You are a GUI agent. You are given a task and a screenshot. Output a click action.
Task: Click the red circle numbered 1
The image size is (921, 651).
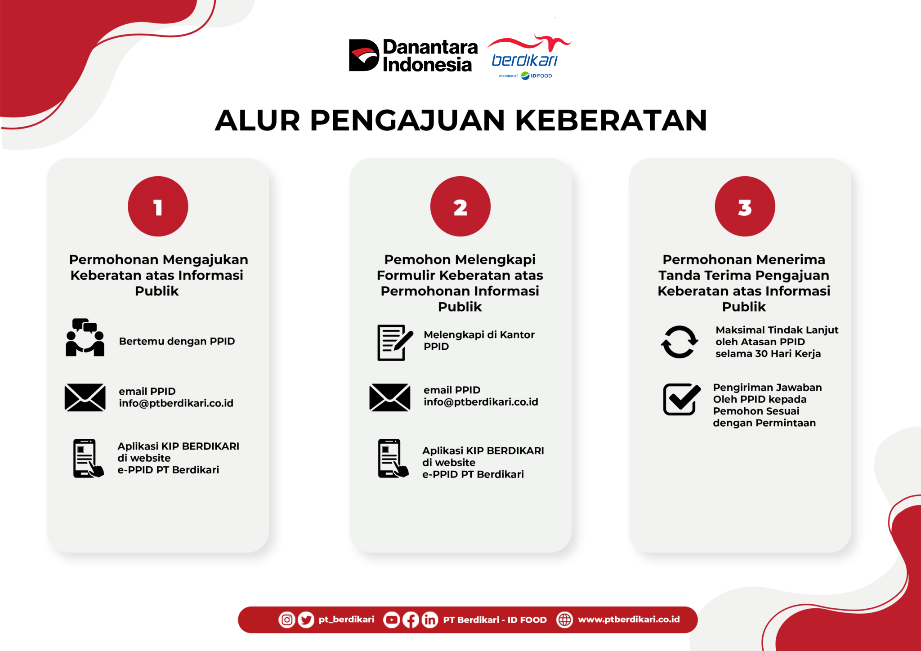[x=158, y=206]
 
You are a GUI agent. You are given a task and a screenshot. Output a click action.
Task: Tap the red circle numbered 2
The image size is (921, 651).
[x=460, y=206]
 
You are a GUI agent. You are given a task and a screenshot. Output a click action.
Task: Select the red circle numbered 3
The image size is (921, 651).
[x=745, y=206]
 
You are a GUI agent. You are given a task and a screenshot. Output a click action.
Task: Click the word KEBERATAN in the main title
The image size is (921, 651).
[x=611, y=120]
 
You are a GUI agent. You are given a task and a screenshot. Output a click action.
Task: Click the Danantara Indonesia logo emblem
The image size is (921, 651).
[x=364, y=55]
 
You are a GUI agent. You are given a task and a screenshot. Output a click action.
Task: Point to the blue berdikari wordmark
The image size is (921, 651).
[x=524, y=60]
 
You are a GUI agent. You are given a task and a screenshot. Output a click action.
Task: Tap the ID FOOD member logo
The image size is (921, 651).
[x=536, y=76]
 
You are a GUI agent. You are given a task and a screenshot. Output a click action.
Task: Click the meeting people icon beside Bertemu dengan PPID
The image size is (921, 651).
[x=85, y=338]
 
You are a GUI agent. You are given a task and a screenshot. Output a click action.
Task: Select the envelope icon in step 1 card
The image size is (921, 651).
[x=85, y=397]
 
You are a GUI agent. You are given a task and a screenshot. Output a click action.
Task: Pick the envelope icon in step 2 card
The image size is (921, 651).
[x=389, y=397]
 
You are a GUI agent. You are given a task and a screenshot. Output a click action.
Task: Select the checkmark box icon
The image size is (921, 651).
[x=681, y=399]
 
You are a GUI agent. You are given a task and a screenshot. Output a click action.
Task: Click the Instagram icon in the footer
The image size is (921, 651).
[x=287, y=620]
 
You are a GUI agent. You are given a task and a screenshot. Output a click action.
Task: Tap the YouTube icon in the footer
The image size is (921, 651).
[x=391, y=620]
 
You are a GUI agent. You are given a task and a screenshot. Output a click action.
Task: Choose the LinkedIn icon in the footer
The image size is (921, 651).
[x=429, y=620]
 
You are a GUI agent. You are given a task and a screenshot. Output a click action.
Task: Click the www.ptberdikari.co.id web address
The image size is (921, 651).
[x=629, y=620]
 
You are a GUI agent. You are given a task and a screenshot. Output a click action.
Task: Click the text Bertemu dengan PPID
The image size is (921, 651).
[x=177, y=341]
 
